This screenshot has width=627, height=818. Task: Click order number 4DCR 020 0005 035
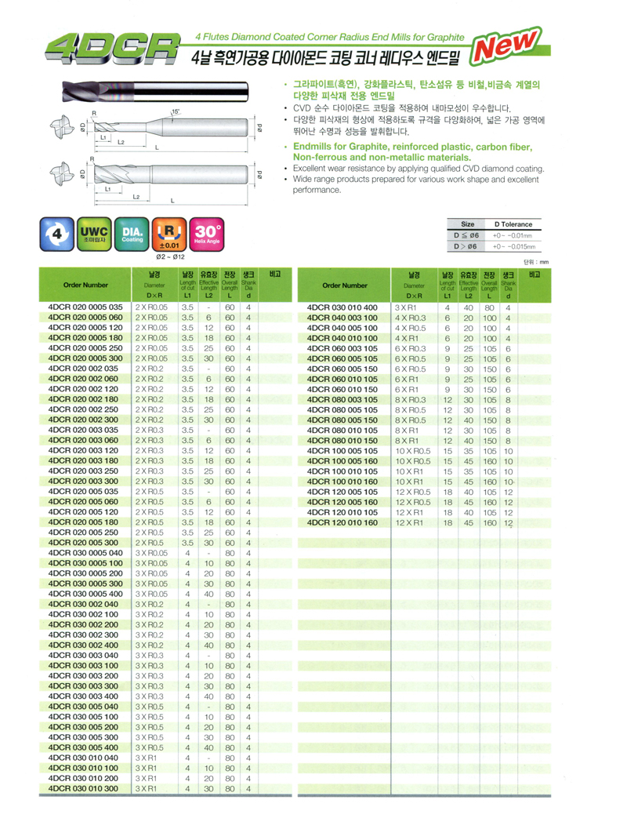coord(85,307)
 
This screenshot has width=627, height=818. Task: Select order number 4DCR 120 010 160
coord(342,522)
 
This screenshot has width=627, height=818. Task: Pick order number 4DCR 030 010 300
coord(85,787)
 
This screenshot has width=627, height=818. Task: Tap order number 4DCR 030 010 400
coord(342,307)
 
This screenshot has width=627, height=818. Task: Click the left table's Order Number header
coord(86,285)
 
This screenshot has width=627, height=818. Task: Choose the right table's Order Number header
coord(343,285)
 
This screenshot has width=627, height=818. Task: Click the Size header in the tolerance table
coord(467,223)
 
